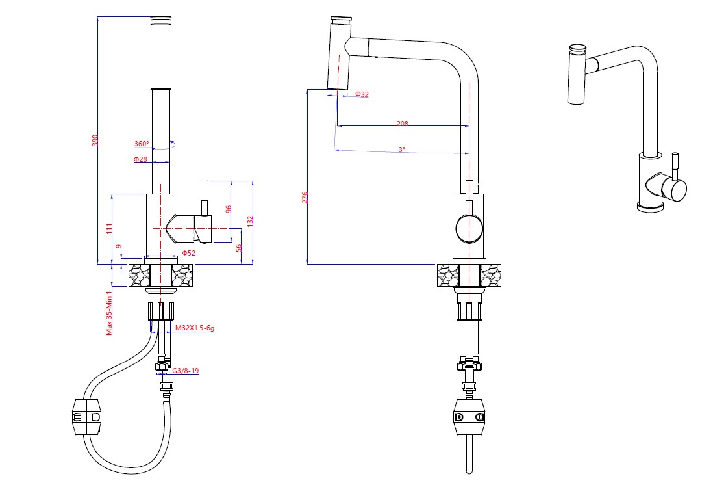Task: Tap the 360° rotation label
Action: [x=142, y=144]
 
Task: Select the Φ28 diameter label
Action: [x=141, y=159]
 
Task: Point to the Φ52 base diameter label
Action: [x=188, y=252]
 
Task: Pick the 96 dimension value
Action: [x=228, y=209]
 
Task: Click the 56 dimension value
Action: [x=238, y=248]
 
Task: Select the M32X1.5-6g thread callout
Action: [x=194, y=328]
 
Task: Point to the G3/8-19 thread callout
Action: [x=185, y=371]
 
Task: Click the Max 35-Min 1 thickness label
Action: [x=110, y=312]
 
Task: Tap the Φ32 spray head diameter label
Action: [x=362, y=94]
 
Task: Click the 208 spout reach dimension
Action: [x=402, y=122]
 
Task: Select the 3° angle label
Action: [x=402, y=149]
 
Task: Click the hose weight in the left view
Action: [x=86, y=416]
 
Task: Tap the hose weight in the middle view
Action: [x=469, y=417]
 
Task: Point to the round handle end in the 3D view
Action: [x=675, y=190]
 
